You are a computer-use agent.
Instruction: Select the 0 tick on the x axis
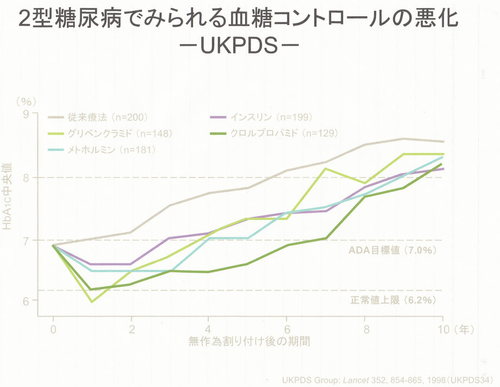[x=53, y=329]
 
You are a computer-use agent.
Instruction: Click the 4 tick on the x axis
[x=208, y=329]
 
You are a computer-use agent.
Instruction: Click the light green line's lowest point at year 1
[x=91, y=301]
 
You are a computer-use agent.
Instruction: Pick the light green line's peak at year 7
[x=325, y=168]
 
